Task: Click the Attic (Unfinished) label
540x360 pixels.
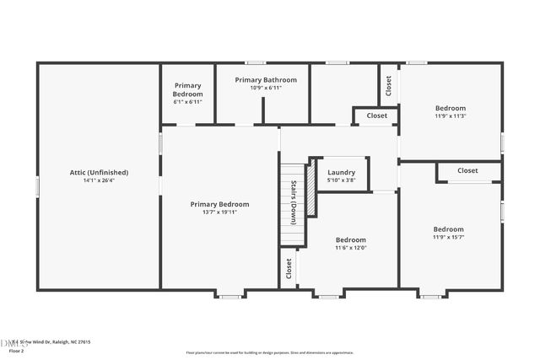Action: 98,172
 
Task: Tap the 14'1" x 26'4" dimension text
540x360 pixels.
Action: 98,180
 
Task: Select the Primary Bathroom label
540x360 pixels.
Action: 258,80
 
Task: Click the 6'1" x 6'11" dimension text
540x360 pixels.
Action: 187,101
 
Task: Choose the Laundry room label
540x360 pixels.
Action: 341,172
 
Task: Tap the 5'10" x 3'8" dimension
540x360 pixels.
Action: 341,180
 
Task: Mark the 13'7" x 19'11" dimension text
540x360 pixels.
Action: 219,212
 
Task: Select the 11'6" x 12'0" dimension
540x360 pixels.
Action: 350,247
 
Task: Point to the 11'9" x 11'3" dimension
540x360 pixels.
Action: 450,116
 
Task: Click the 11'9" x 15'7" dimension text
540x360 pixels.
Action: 448,237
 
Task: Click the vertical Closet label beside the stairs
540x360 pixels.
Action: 289,268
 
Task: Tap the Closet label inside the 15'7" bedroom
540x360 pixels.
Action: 467,170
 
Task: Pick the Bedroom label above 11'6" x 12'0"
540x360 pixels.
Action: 350,239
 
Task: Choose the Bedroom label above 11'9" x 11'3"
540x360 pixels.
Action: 450,108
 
